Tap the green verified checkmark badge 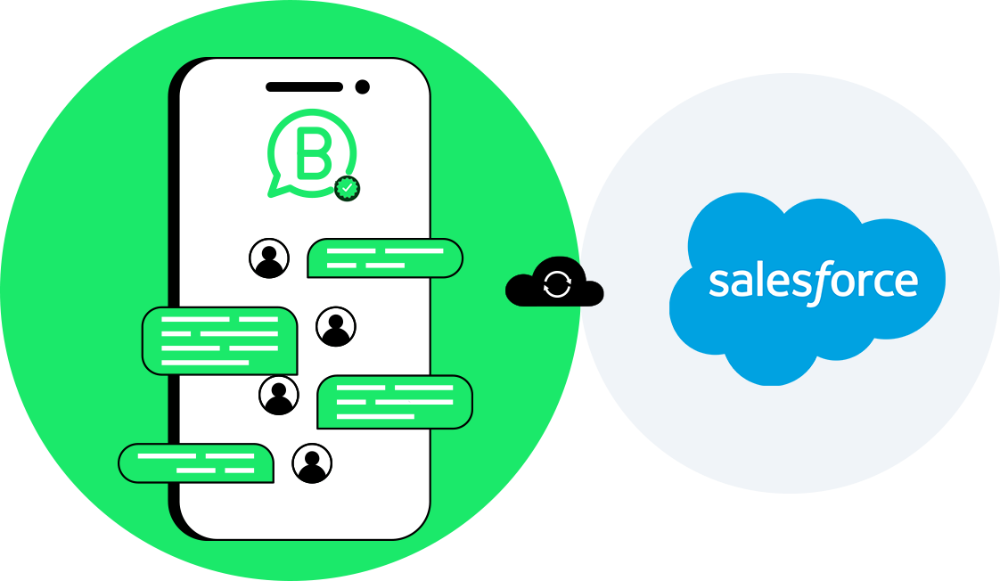347,188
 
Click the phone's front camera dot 362,86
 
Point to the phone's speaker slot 304,86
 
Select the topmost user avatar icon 268,258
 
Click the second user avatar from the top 336,327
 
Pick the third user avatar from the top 279,395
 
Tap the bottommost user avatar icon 312,462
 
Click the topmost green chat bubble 385,258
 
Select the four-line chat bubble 219,340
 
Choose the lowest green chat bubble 196,463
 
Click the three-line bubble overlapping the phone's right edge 395,402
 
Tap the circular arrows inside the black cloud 557,284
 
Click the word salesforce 813,282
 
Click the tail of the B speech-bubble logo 275,188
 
